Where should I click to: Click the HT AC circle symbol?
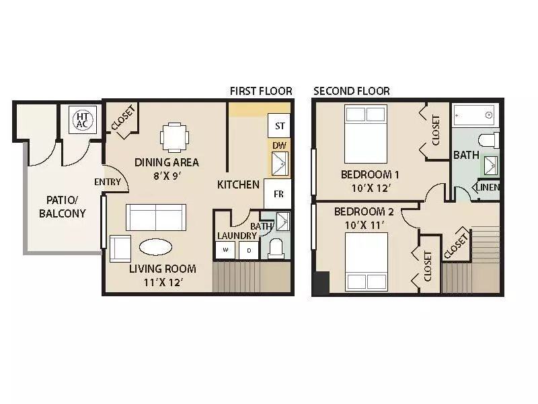pos(81,120)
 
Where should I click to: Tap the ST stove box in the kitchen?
pos(279,126)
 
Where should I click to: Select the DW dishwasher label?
pos(278,145)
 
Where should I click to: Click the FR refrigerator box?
pos(277,194)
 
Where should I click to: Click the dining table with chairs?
pos(175,137)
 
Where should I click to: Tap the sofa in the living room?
pos(156,217)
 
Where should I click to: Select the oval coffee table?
pos(155,246)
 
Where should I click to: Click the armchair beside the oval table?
pos(120,248)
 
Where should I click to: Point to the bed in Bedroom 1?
pos(366,130)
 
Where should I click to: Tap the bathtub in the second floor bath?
pos(473,115)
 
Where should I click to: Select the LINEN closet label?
pos(488,187)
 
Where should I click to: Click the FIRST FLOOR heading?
pos(261,91)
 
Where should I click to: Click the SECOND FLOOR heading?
pos(351,91)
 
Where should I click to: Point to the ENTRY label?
pos(108,182)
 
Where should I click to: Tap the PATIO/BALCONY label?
pos(62,207)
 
